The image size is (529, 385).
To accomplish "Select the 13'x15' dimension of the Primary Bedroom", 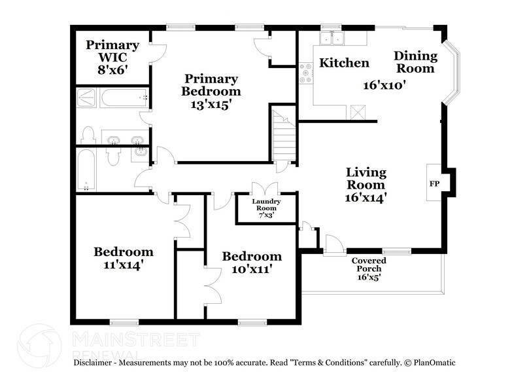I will [211, 104].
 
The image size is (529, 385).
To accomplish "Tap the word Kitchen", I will [344, 63].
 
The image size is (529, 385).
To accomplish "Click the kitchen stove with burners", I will [305, 73].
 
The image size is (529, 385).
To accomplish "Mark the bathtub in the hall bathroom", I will [87, 170].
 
